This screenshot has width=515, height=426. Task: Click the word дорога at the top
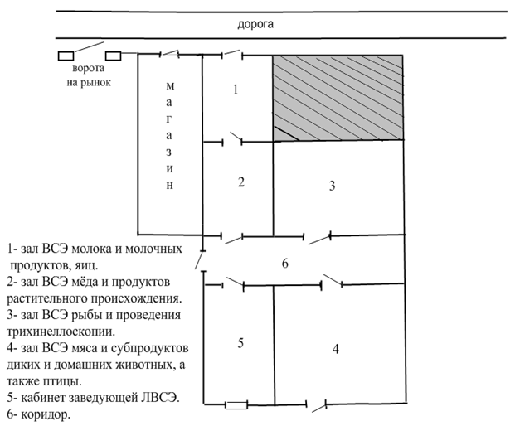coord(255,25)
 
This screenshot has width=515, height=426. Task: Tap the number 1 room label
coord(236,90)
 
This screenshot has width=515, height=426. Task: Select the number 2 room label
coord(240,182)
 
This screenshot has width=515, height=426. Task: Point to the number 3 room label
coord(332,186)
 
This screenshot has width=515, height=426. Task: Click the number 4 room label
coord(335,348)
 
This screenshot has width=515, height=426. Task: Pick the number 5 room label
coord(240,343)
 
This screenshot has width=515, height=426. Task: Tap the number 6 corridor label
coord(284,264)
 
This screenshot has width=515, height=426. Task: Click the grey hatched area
coord(338,97)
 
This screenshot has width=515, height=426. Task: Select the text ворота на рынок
coord(88,75)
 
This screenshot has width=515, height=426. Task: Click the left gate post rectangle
coord(66,56)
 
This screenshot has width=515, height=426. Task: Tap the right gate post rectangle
coord(114,56)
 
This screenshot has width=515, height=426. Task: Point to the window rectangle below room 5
coord(236,406)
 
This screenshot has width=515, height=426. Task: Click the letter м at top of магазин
coord(170,85)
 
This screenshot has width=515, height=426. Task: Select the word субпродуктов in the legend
coord(150,348)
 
